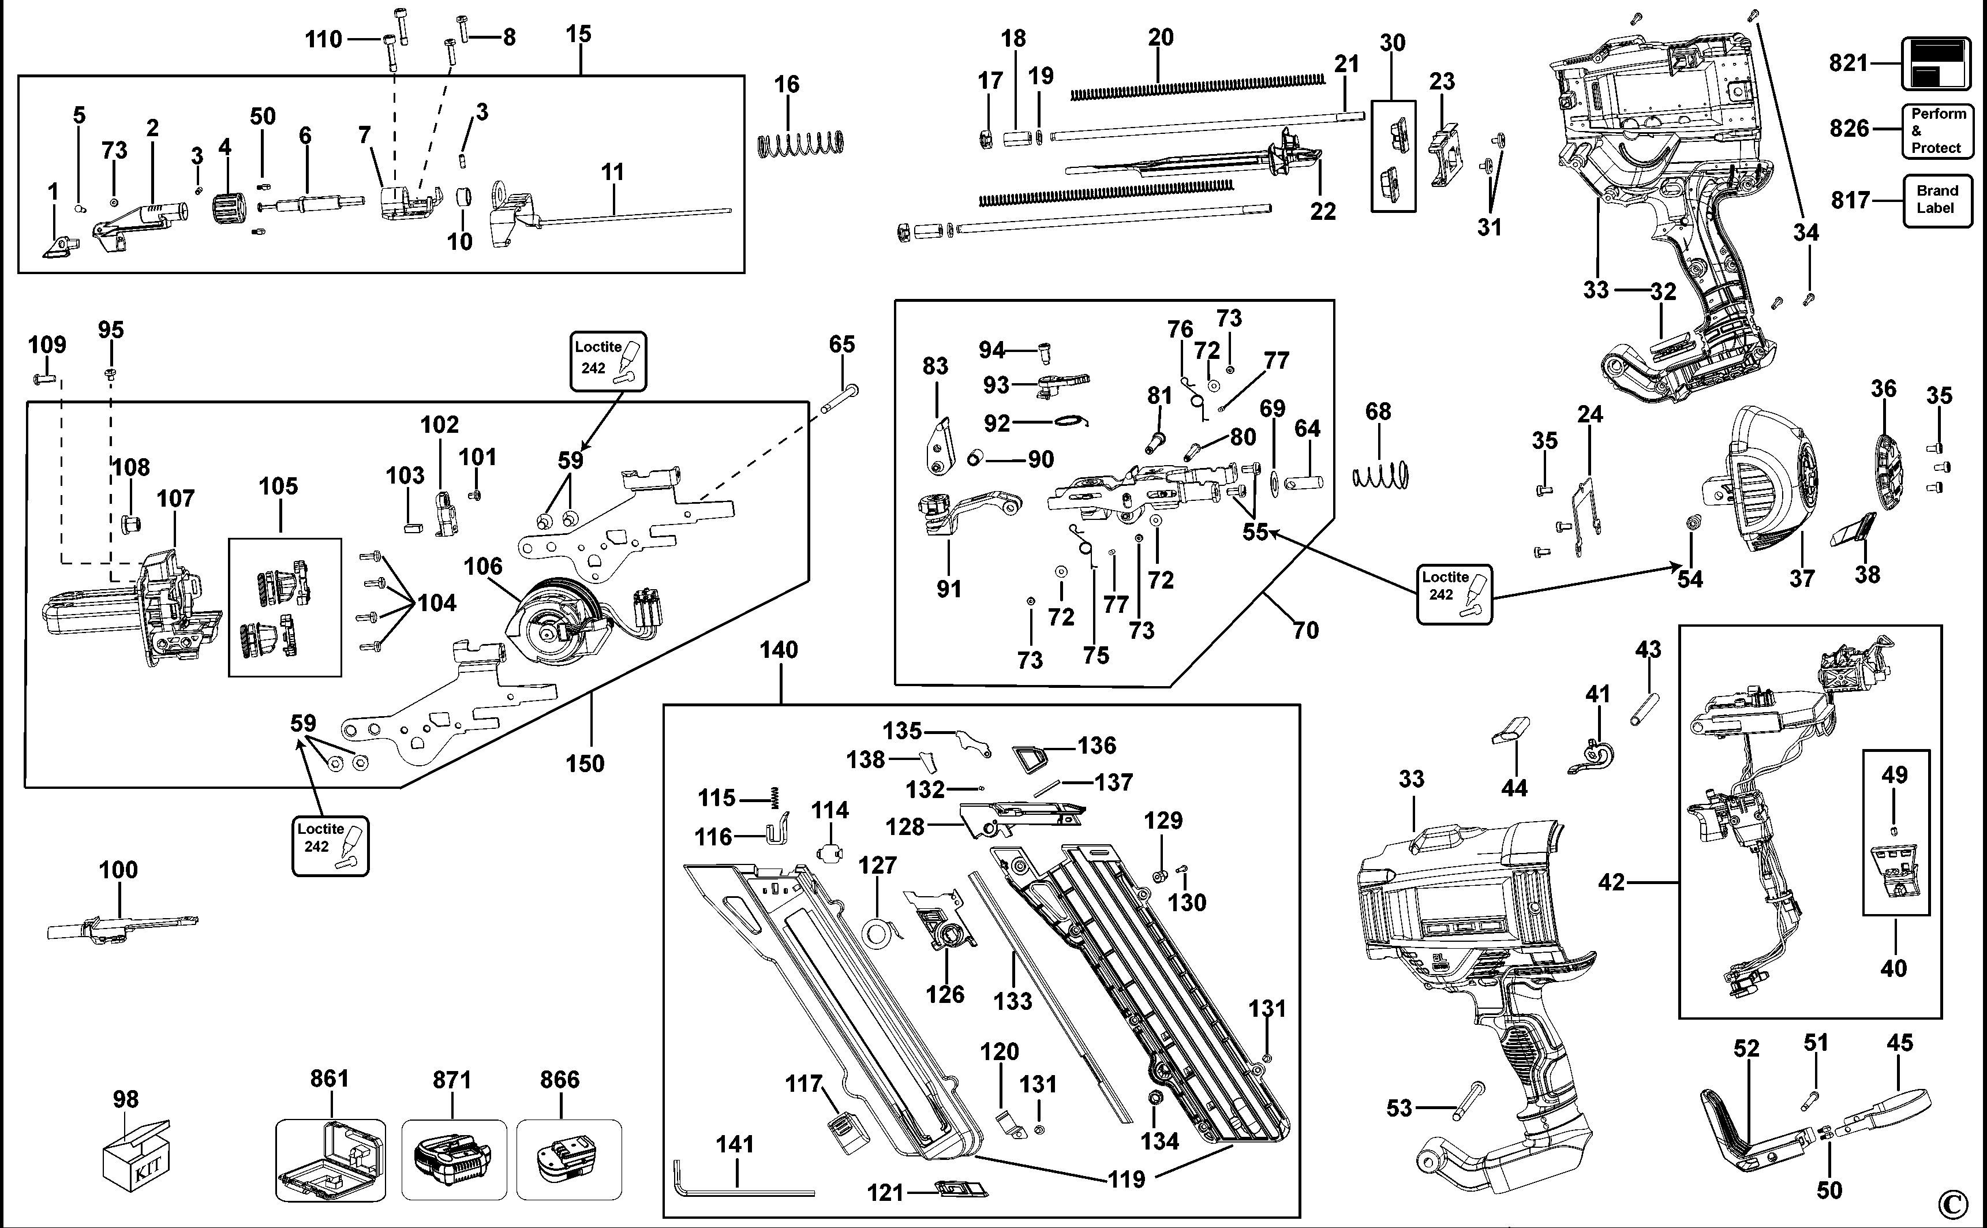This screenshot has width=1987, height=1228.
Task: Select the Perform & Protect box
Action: (x=1937, y=131)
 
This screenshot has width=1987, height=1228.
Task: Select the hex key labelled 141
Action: (x=739, y=1190)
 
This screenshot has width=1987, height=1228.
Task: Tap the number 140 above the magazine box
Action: (x=779, y=650)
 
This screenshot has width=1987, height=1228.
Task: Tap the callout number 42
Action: (x=1612, y=882)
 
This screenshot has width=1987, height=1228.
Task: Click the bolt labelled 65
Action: (x=840, y=399)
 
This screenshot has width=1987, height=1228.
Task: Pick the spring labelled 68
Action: (x=1380, y=475)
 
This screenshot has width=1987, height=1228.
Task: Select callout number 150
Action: (x=585, y=764)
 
